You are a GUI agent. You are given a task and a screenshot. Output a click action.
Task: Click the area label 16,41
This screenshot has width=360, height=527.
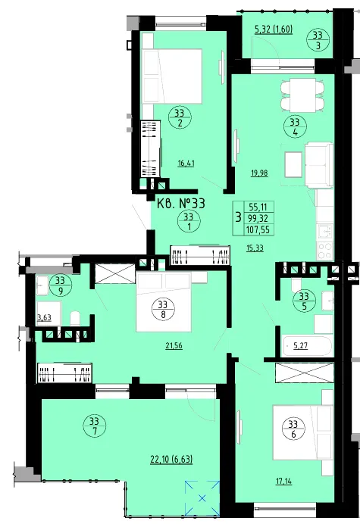click(x=186, y=164)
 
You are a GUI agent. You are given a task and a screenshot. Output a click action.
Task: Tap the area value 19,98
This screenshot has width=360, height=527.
click(x=259, y=173)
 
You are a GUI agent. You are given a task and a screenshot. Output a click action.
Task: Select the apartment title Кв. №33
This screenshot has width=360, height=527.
click(x=181, y=204)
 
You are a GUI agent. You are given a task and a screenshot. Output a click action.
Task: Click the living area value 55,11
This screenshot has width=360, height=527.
click(x=258, y=207)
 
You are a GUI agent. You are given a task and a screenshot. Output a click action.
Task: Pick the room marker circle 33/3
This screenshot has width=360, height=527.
click(x=318, y=40)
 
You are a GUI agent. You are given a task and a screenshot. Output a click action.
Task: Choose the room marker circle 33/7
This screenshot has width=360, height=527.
click(x=94, y=426)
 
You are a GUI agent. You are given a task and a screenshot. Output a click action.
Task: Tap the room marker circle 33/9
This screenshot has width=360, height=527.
click(x=61, y=285)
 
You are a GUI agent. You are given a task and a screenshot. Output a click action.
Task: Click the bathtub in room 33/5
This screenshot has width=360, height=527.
click(x=308, y=345)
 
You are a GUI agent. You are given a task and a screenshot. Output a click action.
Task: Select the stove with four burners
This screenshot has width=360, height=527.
click(x=325, y=251)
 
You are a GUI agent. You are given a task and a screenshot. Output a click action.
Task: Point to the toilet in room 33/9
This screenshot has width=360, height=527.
click(x=75, y=319)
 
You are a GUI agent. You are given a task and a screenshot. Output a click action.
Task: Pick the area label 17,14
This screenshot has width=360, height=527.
click(x=283, y=482)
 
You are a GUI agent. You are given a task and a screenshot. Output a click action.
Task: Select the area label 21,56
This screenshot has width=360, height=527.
click(x=174, y=345)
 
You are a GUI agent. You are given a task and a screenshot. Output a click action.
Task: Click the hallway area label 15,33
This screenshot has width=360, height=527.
click(x=255, y=248)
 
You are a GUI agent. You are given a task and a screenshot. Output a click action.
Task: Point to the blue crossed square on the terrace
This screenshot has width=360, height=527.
click(x=202, y=498)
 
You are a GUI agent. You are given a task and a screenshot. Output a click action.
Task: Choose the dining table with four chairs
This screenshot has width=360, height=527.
click(x=303, y=95)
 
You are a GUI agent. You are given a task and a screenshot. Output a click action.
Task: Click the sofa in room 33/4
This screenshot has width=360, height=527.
click(x=318, y=165)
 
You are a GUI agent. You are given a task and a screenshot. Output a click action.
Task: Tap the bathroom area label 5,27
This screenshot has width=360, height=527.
click(x=300, y=345)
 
